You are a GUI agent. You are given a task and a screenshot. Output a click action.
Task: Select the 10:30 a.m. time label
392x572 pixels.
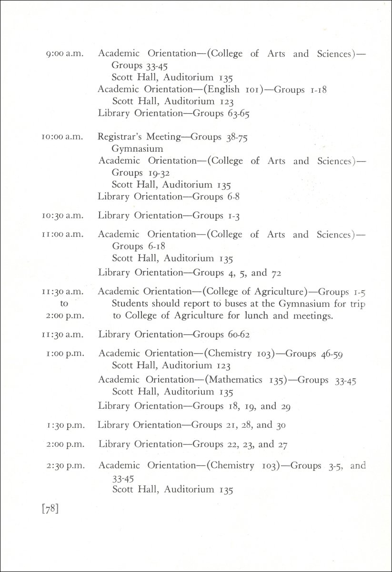[x=62, y=216]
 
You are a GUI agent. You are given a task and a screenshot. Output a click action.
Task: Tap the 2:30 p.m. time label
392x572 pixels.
[x=66, y=466]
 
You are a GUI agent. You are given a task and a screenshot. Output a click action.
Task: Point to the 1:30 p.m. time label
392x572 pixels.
[x=66, y=425]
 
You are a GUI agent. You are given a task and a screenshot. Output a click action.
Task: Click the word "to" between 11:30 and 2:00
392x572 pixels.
[x=64, y=303]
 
